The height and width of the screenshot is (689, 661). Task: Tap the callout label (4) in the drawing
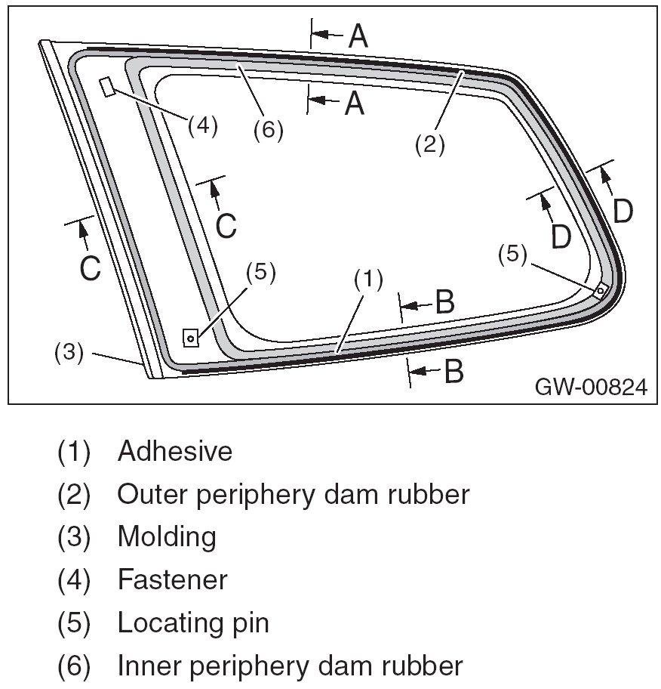click(202, 125)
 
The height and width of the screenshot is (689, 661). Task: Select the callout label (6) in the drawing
click(268, 130)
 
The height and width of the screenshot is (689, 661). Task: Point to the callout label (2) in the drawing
click(430, 144)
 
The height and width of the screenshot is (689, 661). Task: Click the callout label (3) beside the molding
click(69, 353)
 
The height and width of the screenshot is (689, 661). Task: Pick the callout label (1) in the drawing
click(368, 279)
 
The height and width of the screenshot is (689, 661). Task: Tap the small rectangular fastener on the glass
click(108, 87)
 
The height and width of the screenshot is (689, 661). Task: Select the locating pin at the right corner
click(600, 289)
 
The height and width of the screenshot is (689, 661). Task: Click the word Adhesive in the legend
click(175, 452)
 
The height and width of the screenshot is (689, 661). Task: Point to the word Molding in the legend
click(167, 537)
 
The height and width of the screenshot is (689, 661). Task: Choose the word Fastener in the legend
click(172, 580)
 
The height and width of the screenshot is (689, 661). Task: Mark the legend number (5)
click(73, 624)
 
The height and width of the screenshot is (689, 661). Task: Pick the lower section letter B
click(452, 371)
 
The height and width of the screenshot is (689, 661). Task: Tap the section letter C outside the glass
click(90, 268)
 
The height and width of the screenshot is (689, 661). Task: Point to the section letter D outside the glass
click(623, 212)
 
